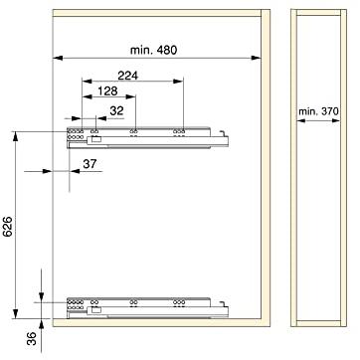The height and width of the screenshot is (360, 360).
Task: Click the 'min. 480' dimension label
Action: [x=153, y=50]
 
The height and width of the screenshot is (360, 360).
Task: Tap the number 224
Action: [x=127, y=76]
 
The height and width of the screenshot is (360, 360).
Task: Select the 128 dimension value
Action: [x=108, y=91]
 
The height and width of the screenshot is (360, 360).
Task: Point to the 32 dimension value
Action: [x=116, y=111]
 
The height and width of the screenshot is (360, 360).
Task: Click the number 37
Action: [x=90, y=164]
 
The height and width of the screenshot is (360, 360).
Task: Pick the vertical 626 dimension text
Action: [x=8, y=227]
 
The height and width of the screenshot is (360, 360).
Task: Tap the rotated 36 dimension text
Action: [x=32, y=338]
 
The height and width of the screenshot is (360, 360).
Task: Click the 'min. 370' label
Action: [x=318, y=111]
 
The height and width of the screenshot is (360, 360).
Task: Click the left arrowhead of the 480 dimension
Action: [x=58, y=58]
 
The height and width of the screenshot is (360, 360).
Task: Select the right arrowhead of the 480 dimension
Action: [x=256, y=58]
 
